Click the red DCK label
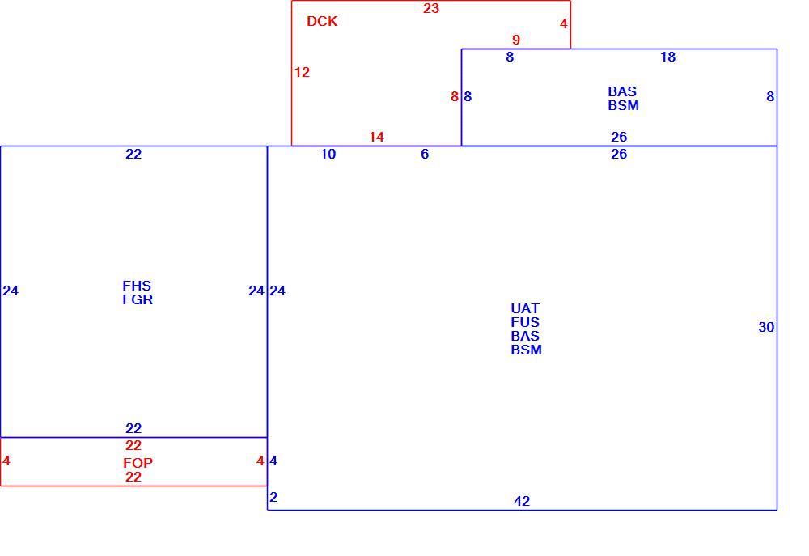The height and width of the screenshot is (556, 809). (x=322, y=21)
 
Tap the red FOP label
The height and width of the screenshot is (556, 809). (x=138, y=463)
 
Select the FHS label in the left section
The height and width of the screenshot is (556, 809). (x=137, y=286)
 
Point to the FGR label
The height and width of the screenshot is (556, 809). (x=138, y=299)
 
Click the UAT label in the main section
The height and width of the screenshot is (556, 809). (x=525, y=308)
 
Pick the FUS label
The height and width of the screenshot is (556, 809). (x=525, y=322)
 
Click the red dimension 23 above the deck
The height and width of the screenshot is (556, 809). (x=431, y=8)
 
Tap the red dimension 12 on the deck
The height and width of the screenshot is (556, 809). (x=302, y=72)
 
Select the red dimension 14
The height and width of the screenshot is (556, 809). (x=376, y=137)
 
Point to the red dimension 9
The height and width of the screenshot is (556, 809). (x=516, y=40)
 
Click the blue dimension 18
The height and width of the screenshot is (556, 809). (x=667, y=57)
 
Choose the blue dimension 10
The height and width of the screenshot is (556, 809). (x=328, y=154)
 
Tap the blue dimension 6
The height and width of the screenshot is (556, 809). (x=425, y=154)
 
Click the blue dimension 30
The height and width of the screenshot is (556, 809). (x=766, y=327)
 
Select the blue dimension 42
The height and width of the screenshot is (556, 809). (x=522, y=501)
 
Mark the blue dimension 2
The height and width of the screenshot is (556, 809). (x=273, y=497)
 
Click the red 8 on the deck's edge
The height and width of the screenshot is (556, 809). (x=454, y=96)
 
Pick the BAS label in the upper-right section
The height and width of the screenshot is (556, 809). (x=621, y=91)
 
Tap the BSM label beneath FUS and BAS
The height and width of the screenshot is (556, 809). (x=527, y=350)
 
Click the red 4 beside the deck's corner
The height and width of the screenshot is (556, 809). (x=563, y=23)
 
